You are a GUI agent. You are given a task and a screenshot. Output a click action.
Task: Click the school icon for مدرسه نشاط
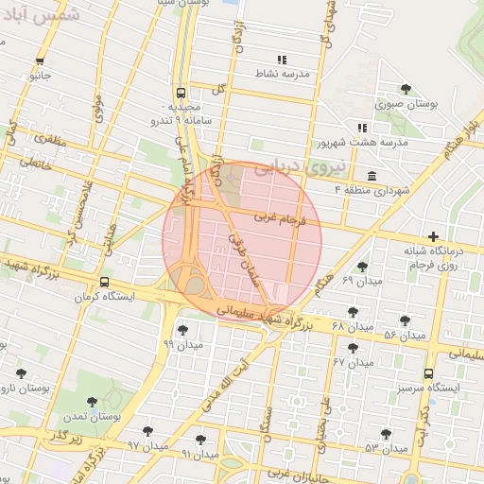[x=282, y=60]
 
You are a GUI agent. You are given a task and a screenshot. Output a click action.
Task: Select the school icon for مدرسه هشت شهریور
[x=361, y=128]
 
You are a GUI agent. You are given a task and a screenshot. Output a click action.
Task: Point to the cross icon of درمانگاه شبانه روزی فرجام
[x=433, y=236]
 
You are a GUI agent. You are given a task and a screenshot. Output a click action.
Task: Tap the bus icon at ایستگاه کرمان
[x=103, y=282]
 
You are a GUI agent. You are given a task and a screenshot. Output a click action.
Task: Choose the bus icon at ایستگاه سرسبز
[x=429, y=373]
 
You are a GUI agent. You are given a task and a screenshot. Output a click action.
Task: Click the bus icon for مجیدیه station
[x=177, y=93]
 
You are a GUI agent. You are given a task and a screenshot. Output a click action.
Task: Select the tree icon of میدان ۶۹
[x=362, y=268]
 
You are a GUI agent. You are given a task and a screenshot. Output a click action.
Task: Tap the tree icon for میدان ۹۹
[x=181, y=330]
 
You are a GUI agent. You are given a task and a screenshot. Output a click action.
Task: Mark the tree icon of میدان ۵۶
[x=406, y=321]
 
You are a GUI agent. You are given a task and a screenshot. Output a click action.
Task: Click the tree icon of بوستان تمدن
[x=92, y=403]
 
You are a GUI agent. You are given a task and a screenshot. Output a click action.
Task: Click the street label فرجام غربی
[x=281, y=219]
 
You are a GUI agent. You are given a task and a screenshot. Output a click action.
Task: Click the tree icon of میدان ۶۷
[x=353, y=348]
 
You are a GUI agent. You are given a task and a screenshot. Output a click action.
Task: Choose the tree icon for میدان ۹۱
[x=199, y=440]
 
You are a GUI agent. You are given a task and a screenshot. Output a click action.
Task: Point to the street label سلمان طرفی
[x=243, y=255]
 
